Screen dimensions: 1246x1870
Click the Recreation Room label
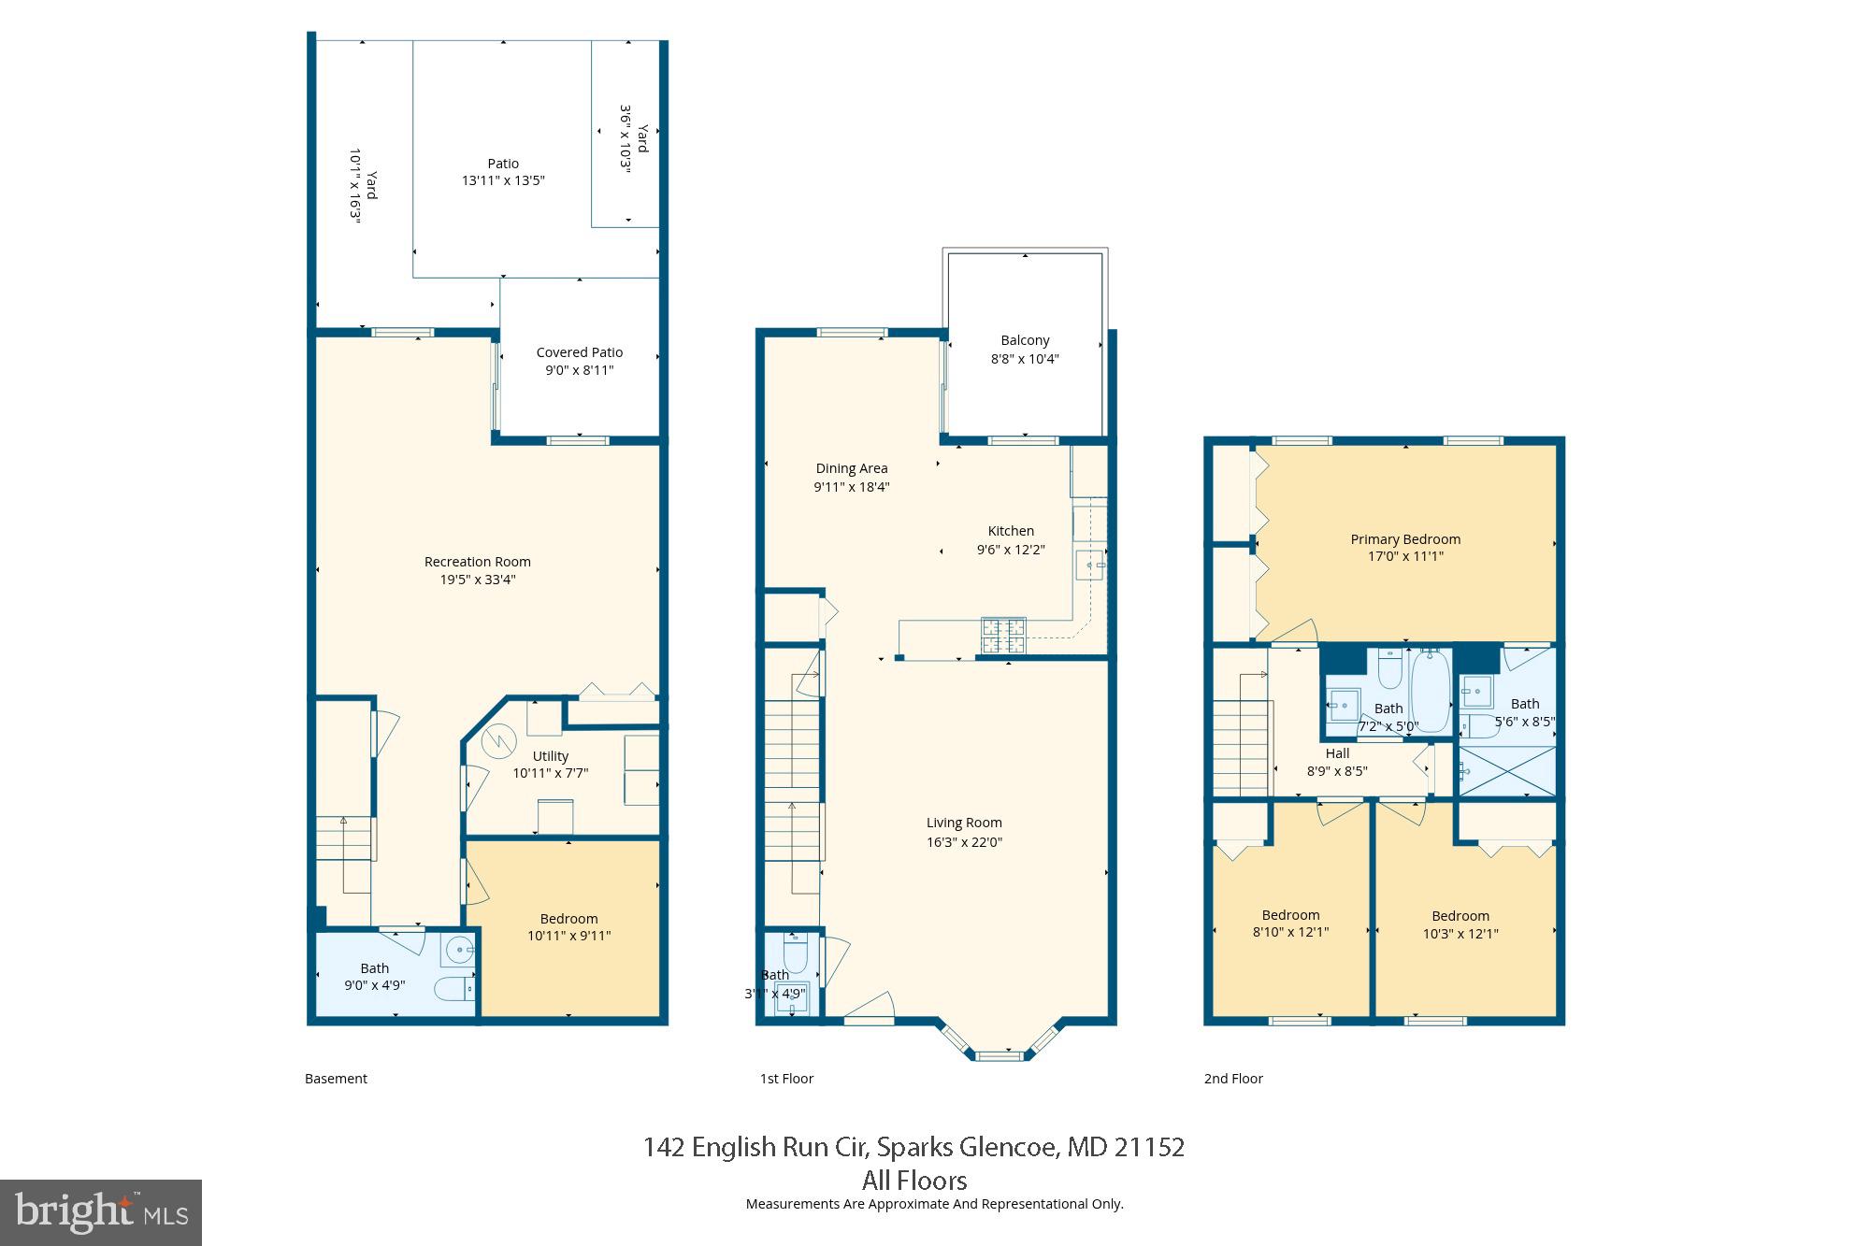[x=477, y=562]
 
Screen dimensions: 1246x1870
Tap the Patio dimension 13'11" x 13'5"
[x=503, y=180]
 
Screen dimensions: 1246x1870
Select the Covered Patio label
[x=579, y=352]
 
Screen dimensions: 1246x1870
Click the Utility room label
[x=550, y=756]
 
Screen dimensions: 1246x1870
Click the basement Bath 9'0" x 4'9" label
[x=374, y=977]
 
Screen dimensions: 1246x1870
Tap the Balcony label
[x=1025, y=340]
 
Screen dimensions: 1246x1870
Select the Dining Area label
[x=851, y=468]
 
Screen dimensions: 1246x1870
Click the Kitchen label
[x=1011, y=531]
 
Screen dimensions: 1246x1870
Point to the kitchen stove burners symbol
[x=1003, y=635]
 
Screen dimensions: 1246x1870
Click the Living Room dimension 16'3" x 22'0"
[x=964, y=842]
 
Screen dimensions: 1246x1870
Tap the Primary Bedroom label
[x=1405, y=539]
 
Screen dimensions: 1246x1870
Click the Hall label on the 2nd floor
[x=1337, y=753]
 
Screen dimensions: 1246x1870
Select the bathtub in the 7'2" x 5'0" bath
[x=1430, y=690]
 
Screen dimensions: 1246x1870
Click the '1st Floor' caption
[x=786, y=1079]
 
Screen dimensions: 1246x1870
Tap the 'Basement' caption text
[x=336, y=1079]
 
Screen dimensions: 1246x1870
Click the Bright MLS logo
[x=101, y=1212]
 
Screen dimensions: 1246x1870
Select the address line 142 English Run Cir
[x=913, y=1147]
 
